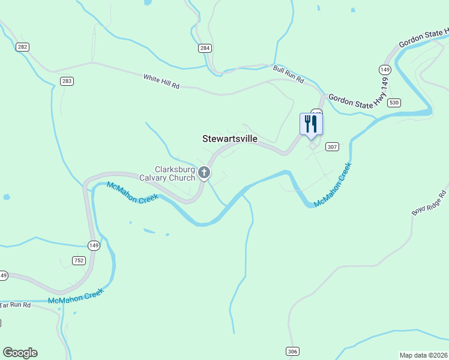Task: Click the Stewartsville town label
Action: pyautogui.click(x=230, y=139)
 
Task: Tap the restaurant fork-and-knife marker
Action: pyautogui.click(x=311, y=124)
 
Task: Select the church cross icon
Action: pyautogui.click(x=204, y=173)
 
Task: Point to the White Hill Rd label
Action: pyautogui.click(x=161, y=82)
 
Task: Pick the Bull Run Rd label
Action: pyautogui.click(x=289, y=74)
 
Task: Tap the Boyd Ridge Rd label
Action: pyautogui.click(x=429, y=203)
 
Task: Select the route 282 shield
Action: pyautogui.click(x=23, y=47)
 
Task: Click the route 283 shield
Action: pyautogui.click(x=66, y=80)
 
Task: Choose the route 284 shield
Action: pyautogui.click(x=205, y=47)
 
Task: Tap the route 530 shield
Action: pyautogui.click(x=394, y=103)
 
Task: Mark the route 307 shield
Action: pyautogui.click(x=333, y=146)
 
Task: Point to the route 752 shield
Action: pyautogui.click(x=79, y=260)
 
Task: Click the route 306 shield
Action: pyautogui.click(x=292, y=351)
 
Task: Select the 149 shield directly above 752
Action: pyautogui.click(x=94, y=245)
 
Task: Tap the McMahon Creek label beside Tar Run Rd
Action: pyautogui.click(x=76, y=296)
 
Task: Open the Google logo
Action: pyautogui.click(x=20, y=353)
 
